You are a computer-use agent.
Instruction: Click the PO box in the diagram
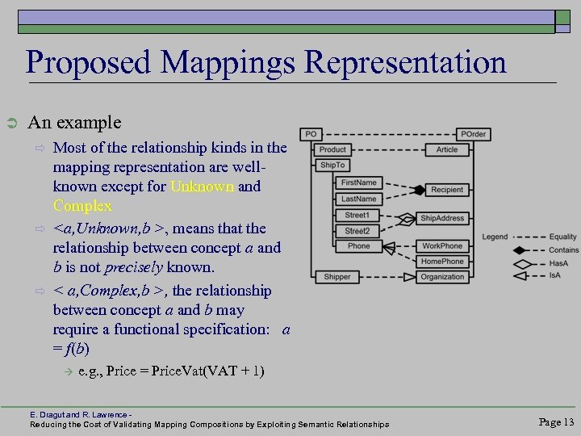coord(311,134)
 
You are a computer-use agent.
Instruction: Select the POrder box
coord(473,134)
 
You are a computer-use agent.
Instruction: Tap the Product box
coord(332,149)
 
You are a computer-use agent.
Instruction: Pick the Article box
coord(446,149)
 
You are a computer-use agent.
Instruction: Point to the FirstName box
coord(359,183)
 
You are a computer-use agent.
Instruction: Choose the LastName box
coord(359,199)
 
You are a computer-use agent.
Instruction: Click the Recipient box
coord(447,190)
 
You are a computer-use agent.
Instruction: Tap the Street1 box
coord(357,216)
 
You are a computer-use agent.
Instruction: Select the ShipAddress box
coord(442,218)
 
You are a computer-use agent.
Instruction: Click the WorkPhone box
coord(442,245)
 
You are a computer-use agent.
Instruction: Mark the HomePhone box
coord(442,261)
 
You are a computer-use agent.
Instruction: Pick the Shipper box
coord(336,277)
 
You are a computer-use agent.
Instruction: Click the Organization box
coord(442,277)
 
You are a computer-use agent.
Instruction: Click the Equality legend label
coord(562,237)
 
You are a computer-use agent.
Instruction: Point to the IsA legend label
coord(556,275)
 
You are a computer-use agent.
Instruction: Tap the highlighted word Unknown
coord(203,187)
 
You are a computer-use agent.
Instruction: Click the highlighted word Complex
coord(82,206)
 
